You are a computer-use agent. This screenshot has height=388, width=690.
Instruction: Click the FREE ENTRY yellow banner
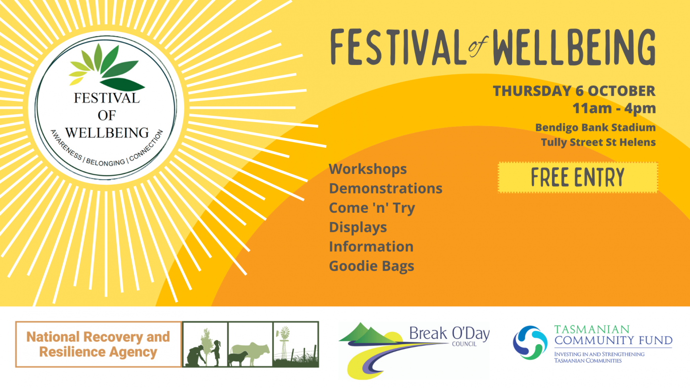578,178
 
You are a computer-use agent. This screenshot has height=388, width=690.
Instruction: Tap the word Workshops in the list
368,169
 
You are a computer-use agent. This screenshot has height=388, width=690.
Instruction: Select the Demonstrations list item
385,188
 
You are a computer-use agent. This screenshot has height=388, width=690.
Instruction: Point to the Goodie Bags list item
372,266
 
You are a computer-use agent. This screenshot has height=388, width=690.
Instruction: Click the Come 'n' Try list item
372,208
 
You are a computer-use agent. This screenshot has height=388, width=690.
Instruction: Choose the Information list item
371,247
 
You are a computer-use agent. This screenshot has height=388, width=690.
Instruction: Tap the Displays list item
358,227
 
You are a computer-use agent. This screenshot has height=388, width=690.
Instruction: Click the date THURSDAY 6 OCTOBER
574,91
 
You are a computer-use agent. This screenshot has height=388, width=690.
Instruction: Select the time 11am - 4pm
614,108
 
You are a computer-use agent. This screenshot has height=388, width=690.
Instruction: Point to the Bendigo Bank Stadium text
595,128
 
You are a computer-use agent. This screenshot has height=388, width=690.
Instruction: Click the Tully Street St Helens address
598,142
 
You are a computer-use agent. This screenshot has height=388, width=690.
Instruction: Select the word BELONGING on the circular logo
105,162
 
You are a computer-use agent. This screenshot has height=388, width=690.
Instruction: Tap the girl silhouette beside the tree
217,353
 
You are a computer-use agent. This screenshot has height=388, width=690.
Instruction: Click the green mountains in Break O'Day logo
368,333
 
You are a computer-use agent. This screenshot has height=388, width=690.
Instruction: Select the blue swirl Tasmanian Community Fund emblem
530,343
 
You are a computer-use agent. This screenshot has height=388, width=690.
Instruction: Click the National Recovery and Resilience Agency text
98,344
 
